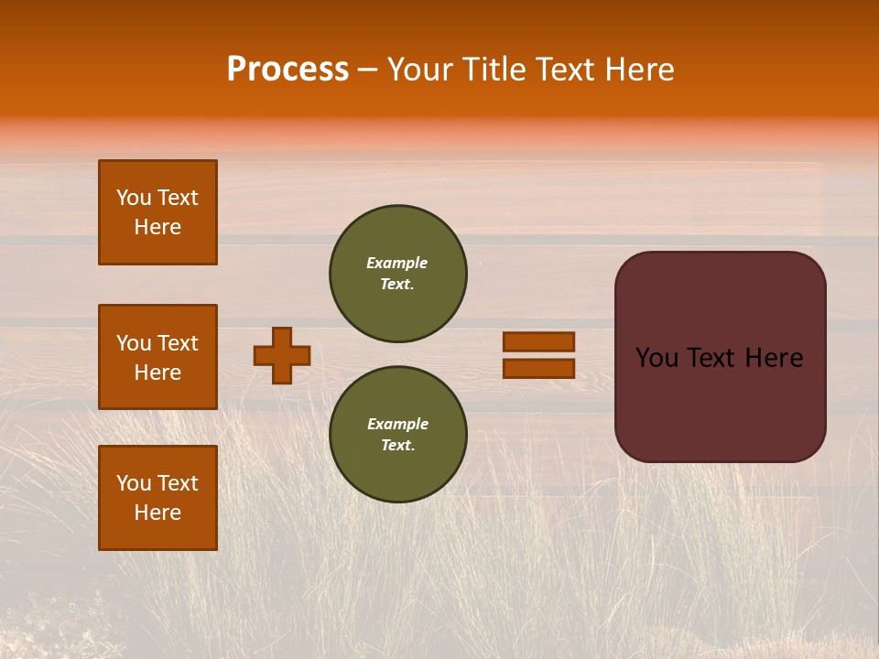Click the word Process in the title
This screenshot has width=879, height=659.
[x=288, y=70]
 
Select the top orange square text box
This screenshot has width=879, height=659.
[x=157, y=212]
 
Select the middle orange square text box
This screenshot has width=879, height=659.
[x=157, y=357]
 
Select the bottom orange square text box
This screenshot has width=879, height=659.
[x=157, y=497]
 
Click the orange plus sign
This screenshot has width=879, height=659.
[x=282, y=355]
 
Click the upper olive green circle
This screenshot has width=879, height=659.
[x=397, y=273]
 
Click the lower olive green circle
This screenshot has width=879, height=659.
[x=397, y=434]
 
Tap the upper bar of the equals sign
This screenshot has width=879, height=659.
[x=538, y=341]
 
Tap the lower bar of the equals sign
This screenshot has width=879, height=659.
[x=538, y=368]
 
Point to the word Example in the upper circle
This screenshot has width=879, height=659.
[x=396, y=263]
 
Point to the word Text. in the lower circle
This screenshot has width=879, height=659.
[x=397, y=445]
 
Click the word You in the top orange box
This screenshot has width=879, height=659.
[x=134, y=198]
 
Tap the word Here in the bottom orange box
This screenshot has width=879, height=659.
[x=157, y=513]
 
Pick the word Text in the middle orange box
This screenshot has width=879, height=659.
[x=178, y=343]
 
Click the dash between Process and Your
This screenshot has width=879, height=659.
[x=368, y=70]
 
